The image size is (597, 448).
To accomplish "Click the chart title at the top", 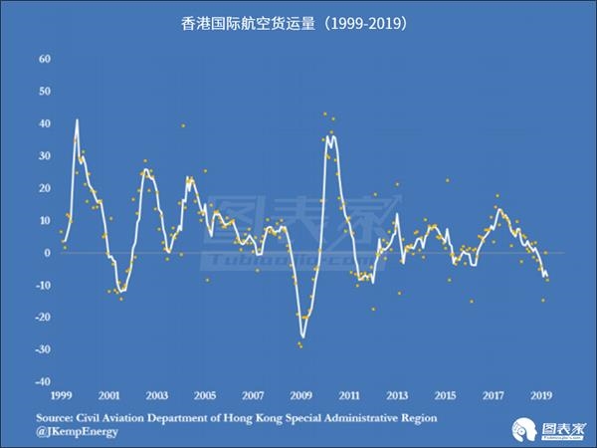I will click(x=298, y=23).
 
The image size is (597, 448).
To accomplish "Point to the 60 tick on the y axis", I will click(x=43, y=59).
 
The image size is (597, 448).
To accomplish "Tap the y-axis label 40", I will click(x=43, y=123).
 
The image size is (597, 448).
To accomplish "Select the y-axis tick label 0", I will click(x=47, y=253).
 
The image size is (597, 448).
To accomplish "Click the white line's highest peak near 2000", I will click(x=77, y=120).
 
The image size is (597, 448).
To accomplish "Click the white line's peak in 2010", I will click(x=329, y=134).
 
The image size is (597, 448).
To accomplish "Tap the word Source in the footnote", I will click(x=57, y=418).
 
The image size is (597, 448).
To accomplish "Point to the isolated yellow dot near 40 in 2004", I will click(x=182, y=125).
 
